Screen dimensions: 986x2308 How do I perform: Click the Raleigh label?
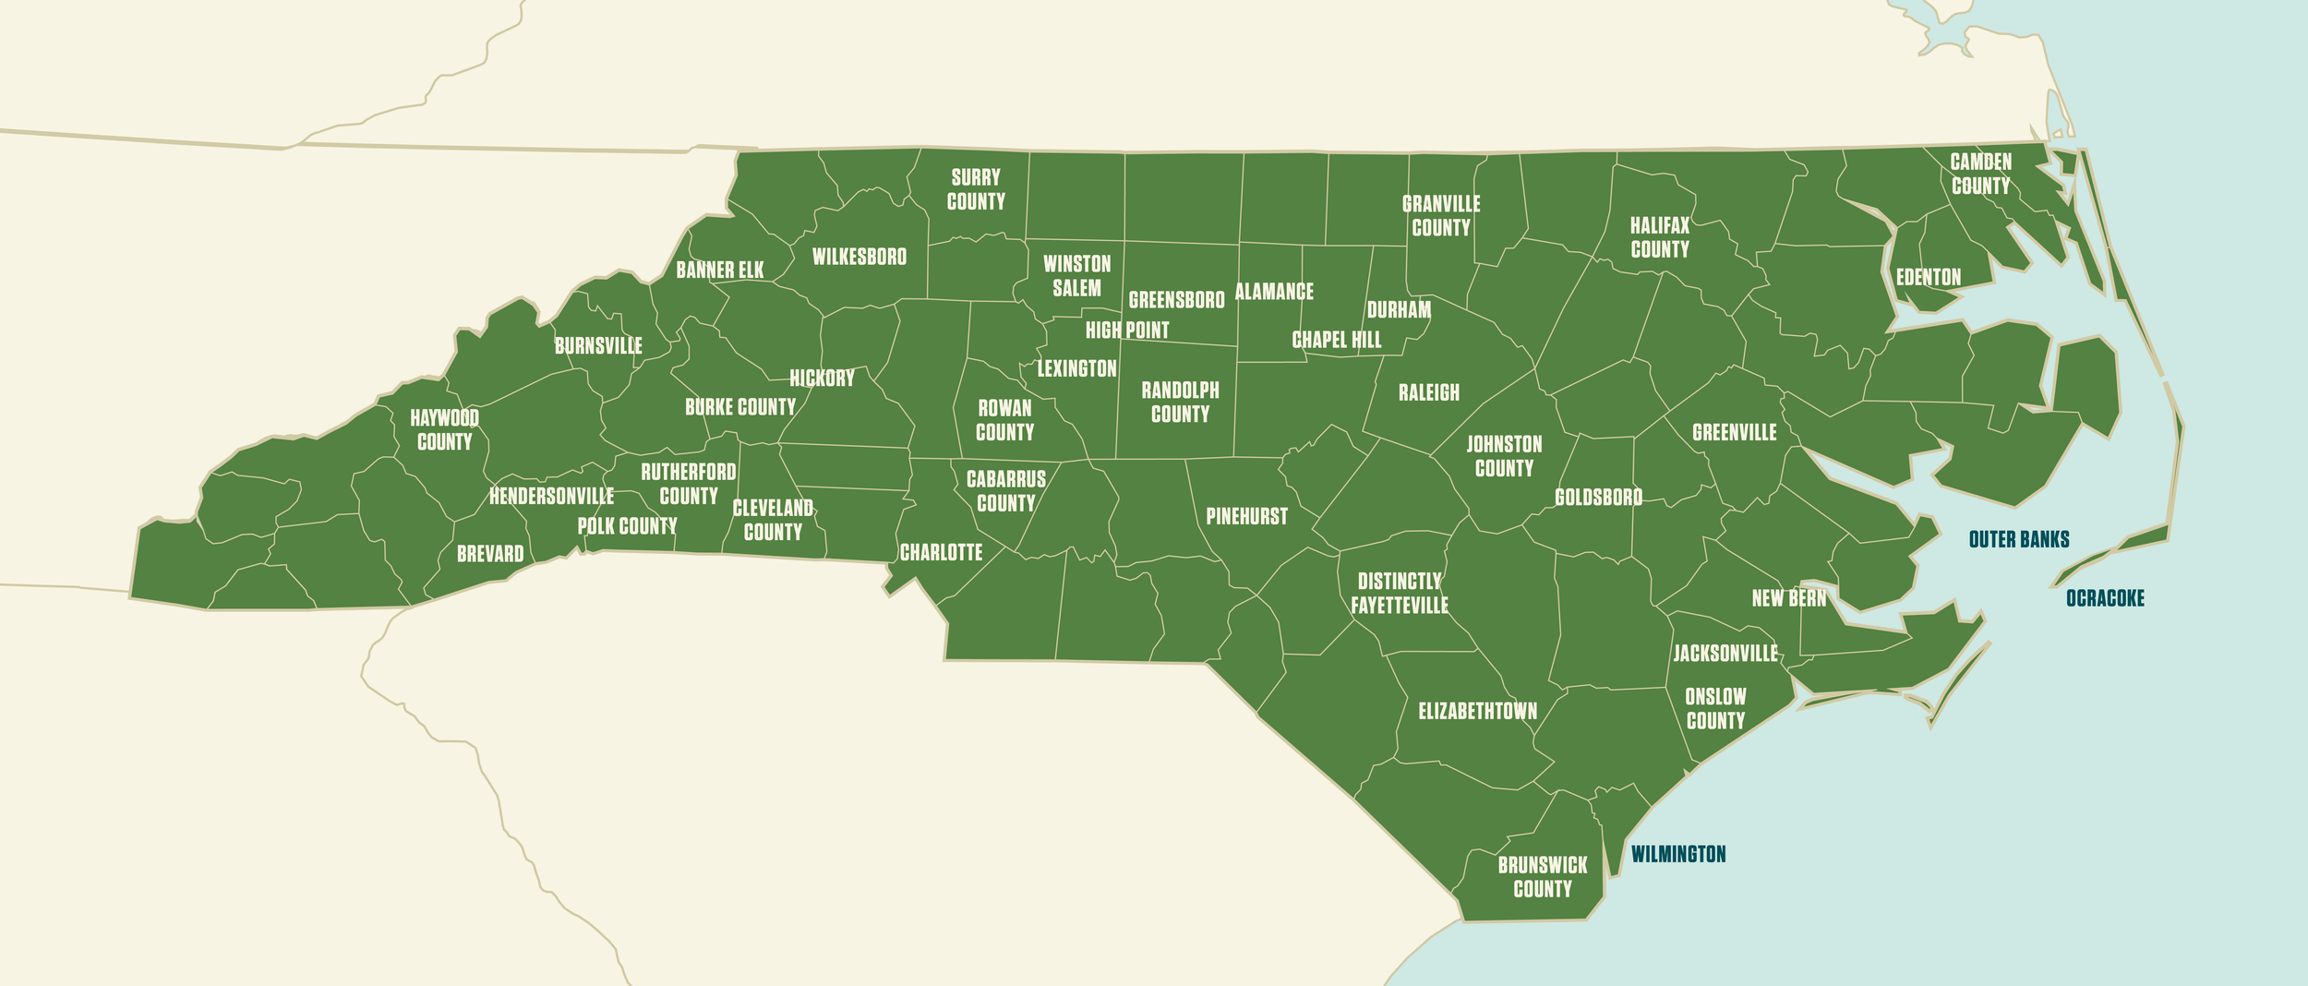click(x=1428, y=392)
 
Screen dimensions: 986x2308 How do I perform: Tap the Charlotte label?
click(x=941, y=552)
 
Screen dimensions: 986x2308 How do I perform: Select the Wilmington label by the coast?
click(x=1677, y=854)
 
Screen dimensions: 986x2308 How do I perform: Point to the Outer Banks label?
click(x=2018, y=539)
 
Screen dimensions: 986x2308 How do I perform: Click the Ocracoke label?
click(x=2105, y=598)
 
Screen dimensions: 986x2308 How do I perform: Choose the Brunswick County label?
click(x=1542, y=877)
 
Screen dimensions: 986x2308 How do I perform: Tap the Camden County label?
click(x=1980, y=174)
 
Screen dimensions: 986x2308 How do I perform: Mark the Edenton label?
click(x=1928, y=277)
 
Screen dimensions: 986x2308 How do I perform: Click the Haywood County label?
click(x=444, y=430)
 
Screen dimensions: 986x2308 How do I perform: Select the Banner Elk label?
click(x=719, y=270)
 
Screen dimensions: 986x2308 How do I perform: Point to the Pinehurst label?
click(x=1246, y=516)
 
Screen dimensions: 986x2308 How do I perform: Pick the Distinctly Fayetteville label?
click(x=1399, y=593)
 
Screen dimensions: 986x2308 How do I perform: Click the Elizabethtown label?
click(x=1477, y=711)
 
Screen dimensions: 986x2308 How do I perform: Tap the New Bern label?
click(x=1788, y=598)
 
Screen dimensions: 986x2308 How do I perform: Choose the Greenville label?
click(x=1734, y=432)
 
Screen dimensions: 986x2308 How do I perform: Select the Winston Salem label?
click(x=1076, y=276)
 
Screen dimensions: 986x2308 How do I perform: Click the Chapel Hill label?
click(x=1336, y=340)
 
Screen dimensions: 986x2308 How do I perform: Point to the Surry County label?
click(x=975, y=189)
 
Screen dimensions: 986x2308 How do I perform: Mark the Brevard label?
click(x=489, y=554)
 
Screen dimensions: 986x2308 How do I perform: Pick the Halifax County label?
click(x=1659, y=237)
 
